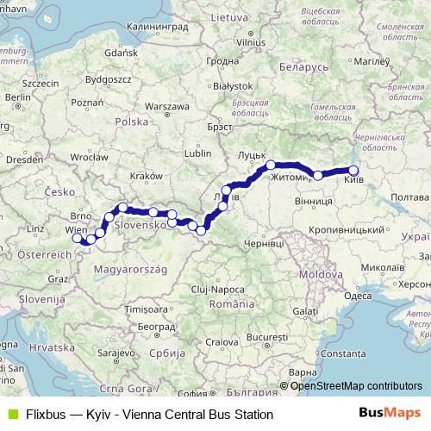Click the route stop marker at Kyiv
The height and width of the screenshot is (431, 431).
[353, 171]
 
